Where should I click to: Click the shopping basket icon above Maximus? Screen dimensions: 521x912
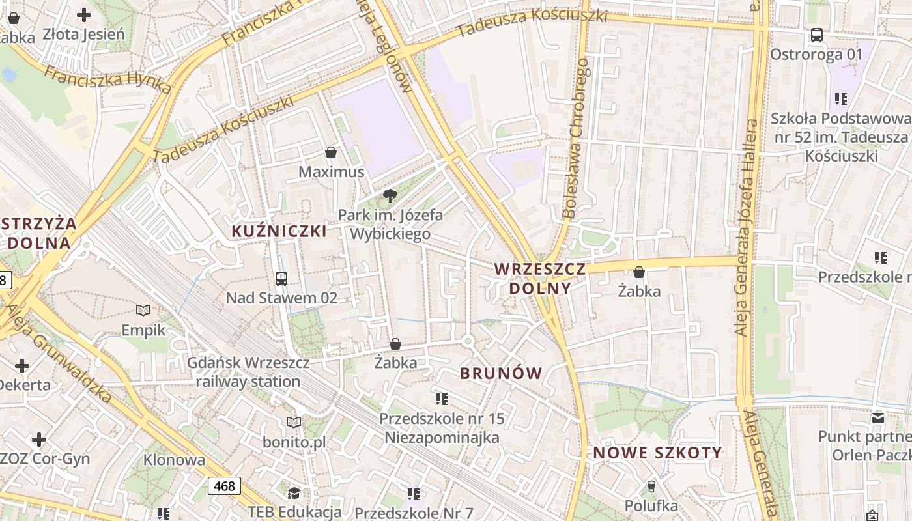pos(331,153)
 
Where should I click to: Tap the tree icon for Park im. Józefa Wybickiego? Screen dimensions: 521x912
pos(390,195)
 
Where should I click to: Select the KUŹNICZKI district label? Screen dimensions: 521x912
pos(279,231)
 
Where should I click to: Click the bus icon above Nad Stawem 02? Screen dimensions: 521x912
pos(281,279)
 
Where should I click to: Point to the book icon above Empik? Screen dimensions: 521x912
pos(143,311)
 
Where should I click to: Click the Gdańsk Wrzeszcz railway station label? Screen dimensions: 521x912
pos(248,372)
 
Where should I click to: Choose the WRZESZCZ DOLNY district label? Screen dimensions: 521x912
pos(539,278)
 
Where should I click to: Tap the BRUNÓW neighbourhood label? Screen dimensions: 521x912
pos(501,373)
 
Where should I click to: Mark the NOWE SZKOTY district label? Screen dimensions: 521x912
pos(657,453)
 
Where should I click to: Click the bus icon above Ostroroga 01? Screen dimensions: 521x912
pos(816,35)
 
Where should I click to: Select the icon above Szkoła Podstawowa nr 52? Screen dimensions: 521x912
pos(841,99)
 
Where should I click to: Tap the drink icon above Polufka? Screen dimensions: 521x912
pos(651,486)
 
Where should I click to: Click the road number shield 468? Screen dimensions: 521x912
pos(224,486)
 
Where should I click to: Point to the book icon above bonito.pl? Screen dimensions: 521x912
pos(294,423)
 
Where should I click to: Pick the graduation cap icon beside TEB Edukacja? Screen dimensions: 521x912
pos(294,492)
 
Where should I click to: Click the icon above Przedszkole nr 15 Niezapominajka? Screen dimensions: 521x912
pos(441,399)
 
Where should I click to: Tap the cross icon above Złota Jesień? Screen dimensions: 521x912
pos(84,14)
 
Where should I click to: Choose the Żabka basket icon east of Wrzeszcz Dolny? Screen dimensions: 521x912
pos(639,272)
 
